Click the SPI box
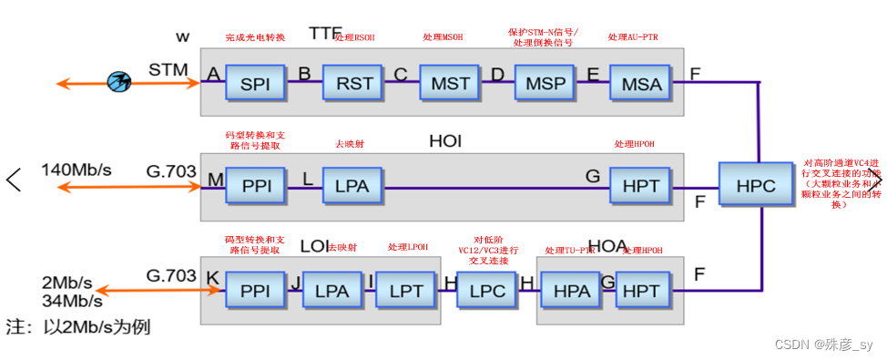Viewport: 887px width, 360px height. (256, 83)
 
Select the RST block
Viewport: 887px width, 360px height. (354, 83)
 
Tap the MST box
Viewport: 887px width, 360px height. (450, 83)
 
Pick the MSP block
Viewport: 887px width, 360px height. (545, 83)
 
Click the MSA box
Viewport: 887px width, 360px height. (641, 83)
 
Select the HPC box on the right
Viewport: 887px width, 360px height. (756, 185)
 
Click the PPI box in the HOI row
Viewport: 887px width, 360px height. (256, 185)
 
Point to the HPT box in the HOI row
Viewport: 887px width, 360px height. (641, 185)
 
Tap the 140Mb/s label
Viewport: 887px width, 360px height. (76, 170)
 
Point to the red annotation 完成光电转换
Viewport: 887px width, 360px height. (255, 37)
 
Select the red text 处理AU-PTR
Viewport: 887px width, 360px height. (633, 37)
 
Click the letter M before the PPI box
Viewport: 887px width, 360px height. (215, 180)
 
